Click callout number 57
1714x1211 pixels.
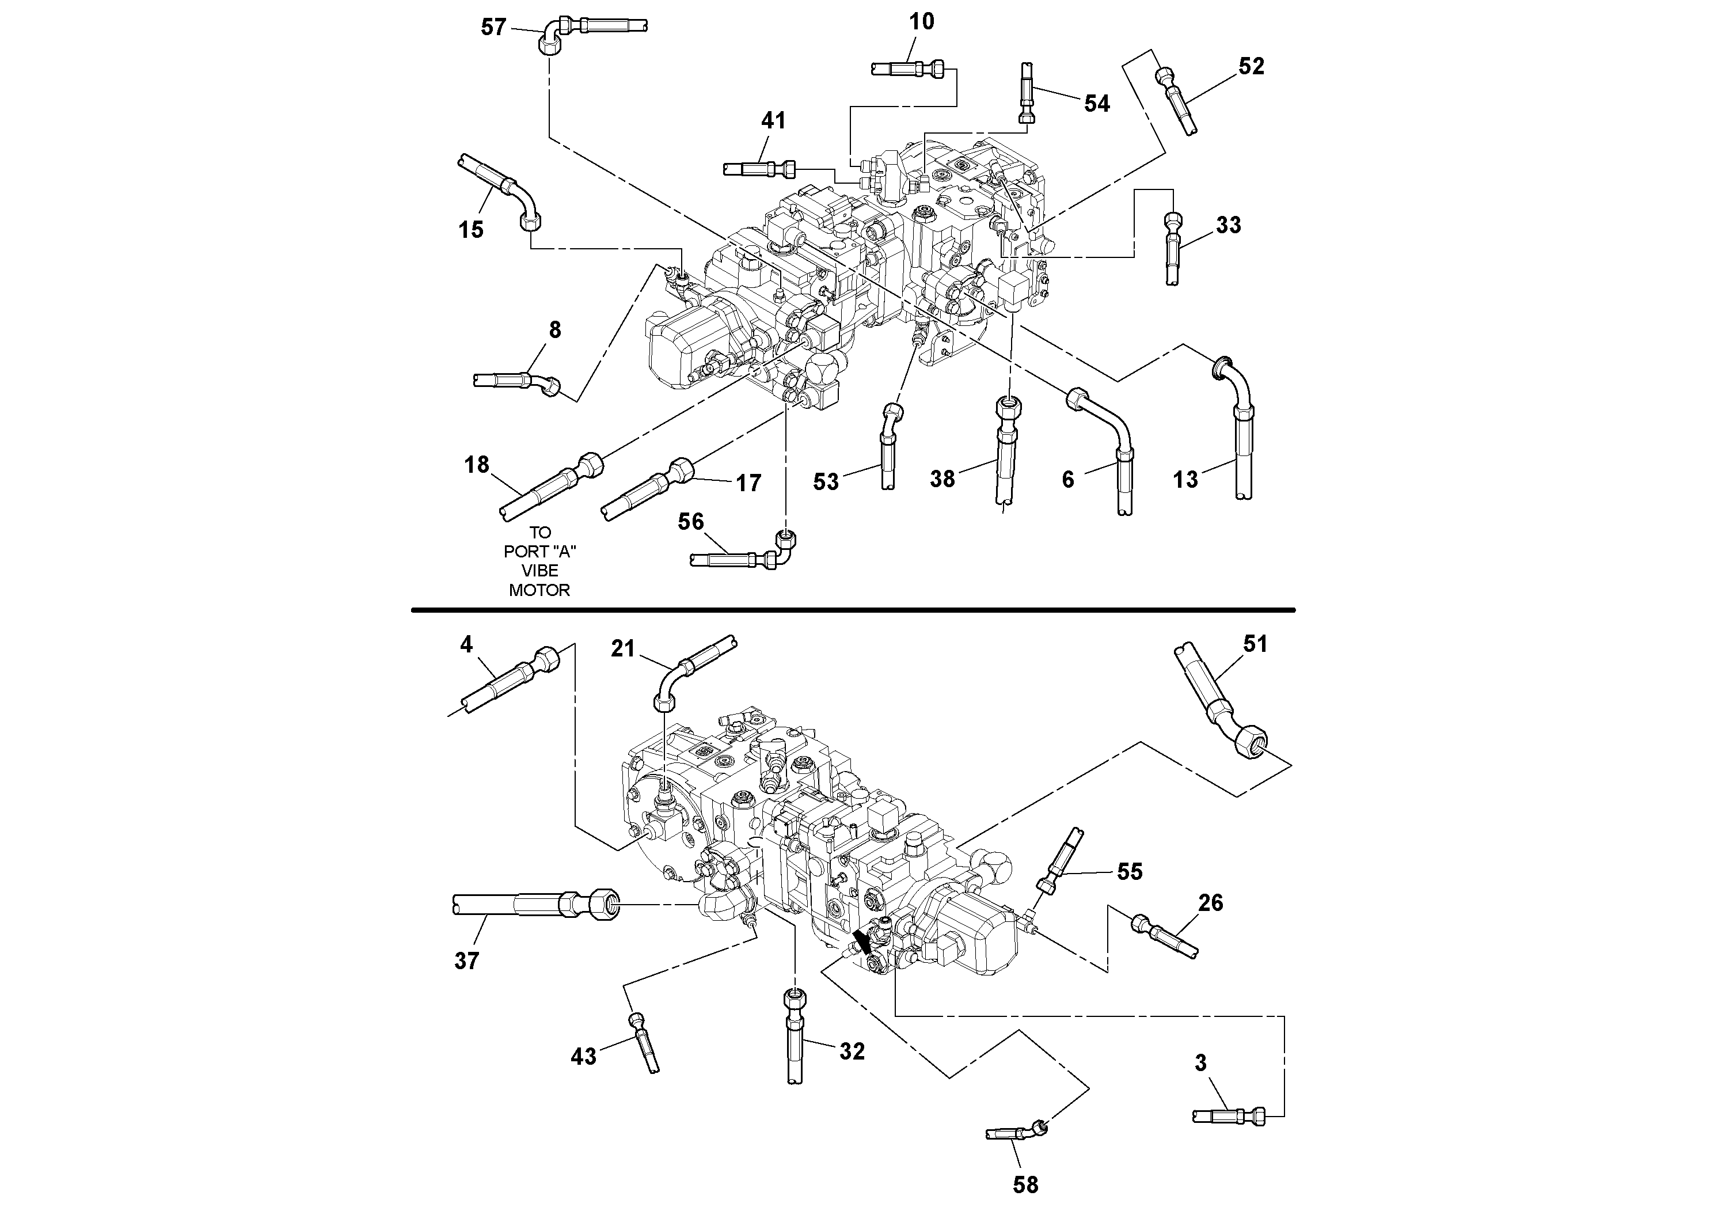[x=493, y=28]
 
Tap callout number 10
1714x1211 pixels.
[x=921, y=22]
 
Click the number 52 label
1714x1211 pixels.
[x=1251, y=66]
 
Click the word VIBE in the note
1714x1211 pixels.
[x=539, y=571]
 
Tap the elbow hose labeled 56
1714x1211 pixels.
[x=747, y=557]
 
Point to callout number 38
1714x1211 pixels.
[x=942, y=479]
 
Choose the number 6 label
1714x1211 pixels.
[x=1067, y=479]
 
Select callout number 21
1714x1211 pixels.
[x=622, y=649]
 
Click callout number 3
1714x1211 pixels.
[x=1200, y=1062]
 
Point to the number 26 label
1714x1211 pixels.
[x=1210, y=903]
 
